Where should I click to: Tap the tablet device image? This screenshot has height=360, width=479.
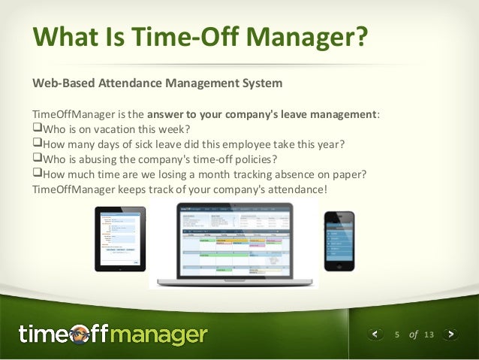[119, 238]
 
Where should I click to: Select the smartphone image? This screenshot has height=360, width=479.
[339, 241]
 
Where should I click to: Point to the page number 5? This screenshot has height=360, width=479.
[397, 334]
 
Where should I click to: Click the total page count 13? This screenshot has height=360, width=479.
[429, 334]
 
